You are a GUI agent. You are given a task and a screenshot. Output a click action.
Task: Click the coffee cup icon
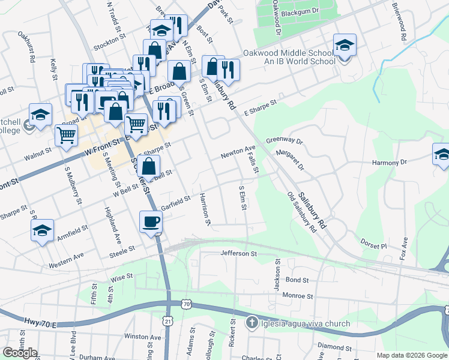coord(151,221)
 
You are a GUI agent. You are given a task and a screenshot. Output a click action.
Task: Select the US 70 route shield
coord(187,305)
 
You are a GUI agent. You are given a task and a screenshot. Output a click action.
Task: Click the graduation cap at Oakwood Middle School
coord(344,46)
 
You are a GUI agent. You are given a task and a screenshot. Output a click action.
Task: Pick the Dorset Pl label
coord(375,246)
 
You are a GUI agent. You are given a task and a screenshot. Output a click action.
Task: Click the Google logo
coord(20,352)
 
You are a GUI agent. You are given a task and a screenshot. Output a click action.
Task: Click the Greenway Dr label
coord(285,140)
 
